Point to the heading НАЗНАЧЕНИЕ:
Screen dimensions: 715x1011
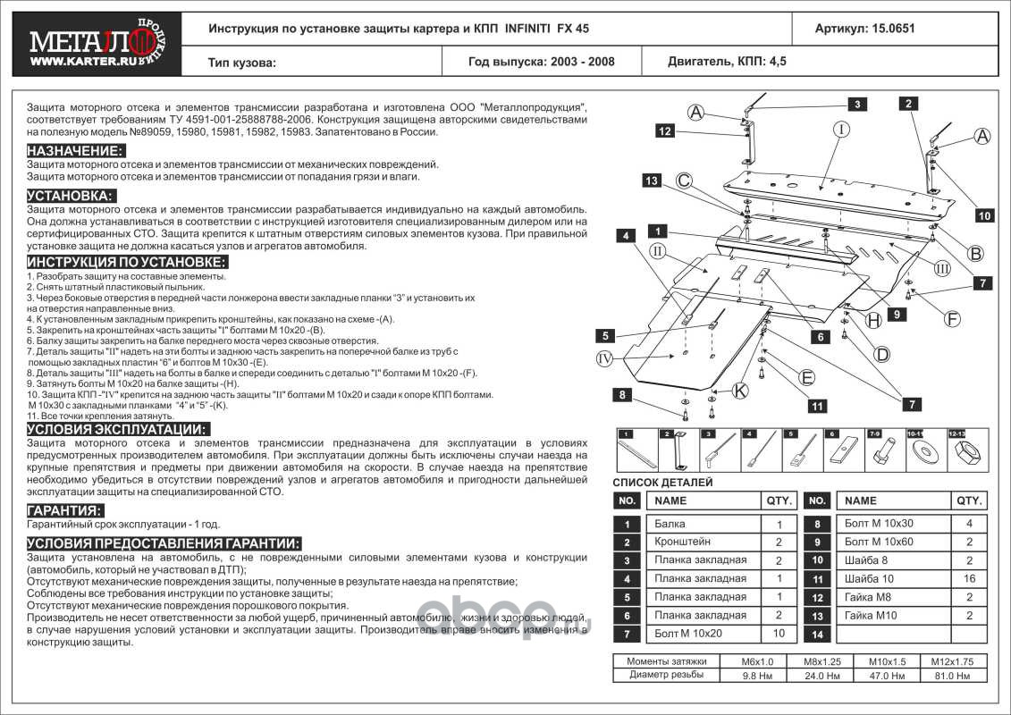coord(75,150)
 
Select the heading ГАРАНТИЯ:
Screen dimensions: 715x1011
coord(63,509)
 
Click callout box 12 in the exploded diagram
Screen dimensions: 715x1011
coord(664,130)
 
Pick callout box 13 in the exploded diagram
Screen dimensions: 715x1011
coord(652,181)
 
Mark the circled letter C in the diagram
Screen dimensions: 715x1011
coord(684,181)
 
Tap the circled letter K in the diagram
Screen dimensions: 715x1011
coord(739,390)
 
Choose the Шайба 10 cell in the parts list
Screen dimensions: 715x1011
coord(863,579)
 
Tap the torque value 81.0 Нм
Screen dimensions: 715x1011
coord(960,677)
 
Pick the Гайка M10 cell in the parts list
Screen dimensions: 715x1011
coord(863,616)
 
